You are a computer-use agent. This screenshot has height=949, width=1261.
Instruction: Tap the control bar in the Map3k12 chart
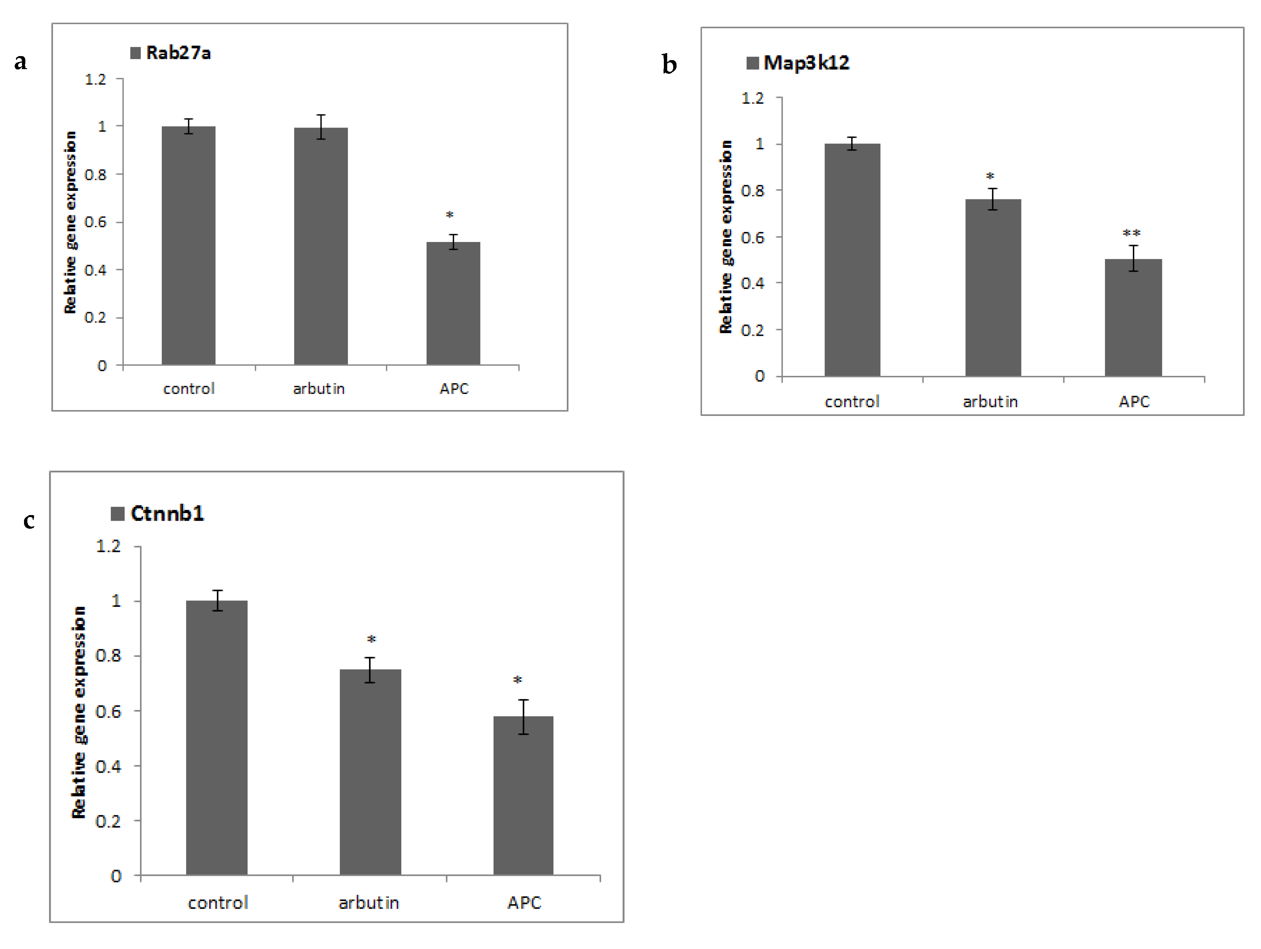coord(852,260)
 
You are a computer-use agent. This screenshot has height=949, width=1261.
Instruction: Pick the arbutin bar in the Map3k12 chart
coord(993,288)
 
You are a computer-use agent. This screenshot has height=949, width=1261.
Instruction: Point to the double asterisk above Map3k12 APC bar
coord(1132,233)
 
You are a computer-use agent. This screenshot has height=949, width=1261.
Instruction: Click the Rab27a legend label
coord(178,53)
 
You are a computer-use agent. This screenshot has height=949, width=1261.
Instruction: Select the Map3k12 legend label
coord(806,63)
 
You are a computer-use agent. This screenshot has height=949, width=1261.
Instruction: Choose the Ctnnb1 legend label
coord(167,513)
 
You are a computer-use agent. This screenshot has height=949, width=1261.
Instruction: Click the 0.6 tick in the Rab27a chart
coord(96,222)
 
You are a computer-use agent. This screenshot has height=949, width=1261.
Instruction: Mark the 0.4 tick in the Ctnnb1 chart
coord(108,766)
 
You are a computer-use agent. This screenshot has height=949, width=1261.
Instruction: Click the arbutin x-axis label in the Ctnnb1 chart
coord(369,903)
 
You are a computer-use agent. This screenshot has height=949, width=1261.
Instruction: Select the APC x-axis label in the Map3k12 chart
coord(1134,402)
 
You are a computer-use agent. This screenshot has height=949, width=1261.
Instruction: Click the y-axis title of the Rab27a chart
coord(70,222)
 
